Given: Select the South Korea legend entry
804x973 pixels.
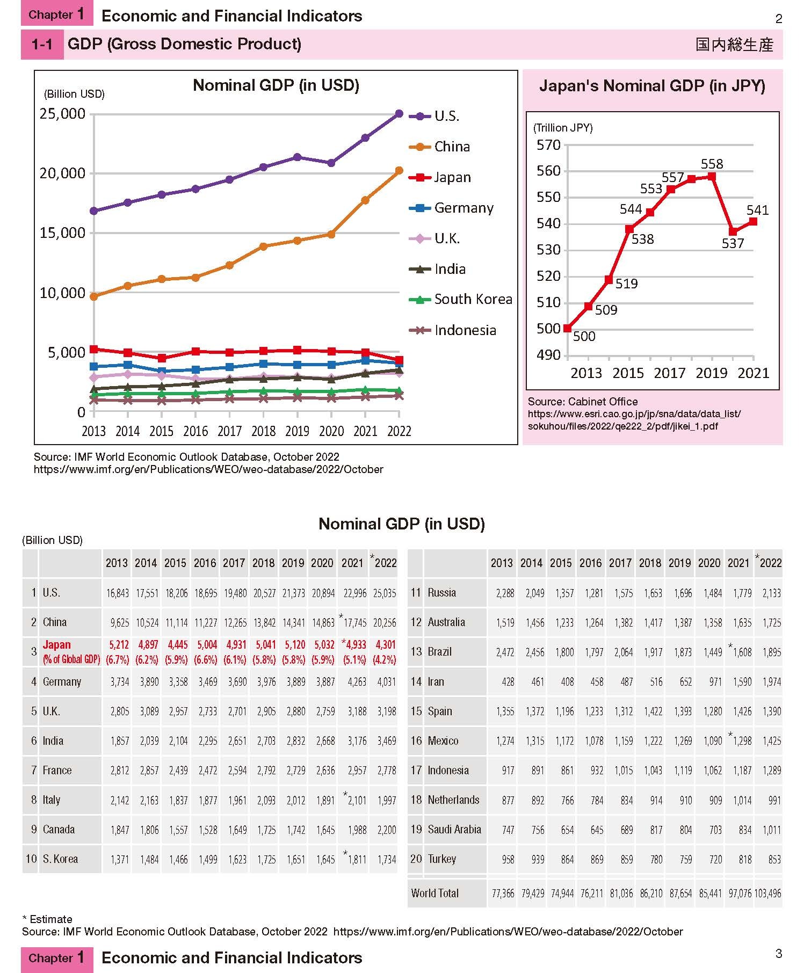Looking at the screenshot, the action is tap(460, 299).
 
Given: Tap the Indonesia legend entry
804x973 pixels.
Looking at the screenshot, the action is tap(452, 330).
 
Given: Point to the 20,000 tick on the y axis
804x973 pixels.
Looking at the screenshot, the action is tap(63, 173).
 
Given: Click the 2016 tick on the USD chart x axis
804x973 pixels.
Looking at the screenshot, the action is tap(195, 431).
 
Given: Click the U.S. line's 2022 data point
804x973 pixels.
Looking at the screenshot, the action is tap(399, 113).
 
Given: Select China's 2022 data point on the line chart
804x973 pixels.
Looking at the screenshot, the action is tap(399, 171).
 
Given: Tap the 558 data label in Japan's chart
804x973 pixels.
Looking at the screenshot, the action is tap(712, 164).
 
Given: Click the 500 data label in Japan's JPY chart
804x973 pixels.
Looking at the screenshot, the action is tap(584, 336).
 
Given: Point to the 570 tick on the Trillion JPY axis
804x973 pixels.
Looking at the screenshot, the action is tap(548, 145).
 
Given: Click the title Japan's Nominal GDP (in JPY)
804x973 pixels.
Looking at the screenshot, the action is tap(652, 86).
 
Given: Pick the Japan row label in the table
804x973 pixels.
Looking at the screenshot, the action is tap(56, 645).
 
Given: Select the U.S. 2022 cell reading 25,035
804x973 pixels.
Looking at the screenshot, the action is tap(385, 593).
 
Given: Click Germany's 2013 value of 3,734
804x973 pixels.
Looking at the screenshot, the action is tap(120, 682).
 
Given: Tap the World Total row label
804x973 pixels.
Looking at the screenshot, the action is tap(435, 893).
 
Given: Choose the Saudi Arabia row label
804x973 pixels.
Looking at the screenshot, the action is tap(454, 829).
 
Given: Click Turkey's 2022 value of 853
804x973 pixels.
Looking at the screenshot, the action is tap(774, 859).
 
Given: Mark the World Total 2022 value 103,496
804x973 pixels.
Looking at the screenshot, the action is tap(768, 894).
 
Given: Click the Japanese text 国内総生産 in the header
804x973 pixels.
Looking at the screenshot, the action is tap(734, 45).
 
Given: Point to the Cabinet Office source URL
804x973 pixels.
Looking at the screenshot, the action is tap(634, 420).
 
